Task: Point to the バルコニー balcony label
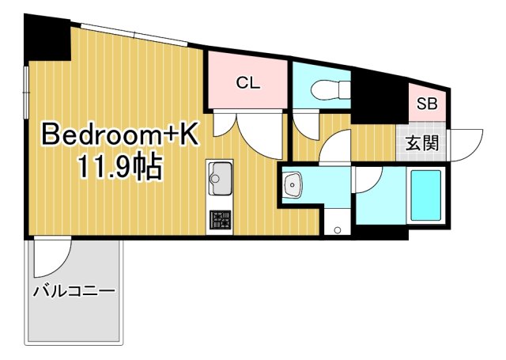pos(74,290)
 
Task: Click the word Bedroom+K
pos(119,135)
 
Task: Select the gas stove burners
pos(220,220)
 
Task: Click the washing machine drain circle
pos(337,230)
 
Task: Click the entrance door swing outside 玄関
pos(466,144)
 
